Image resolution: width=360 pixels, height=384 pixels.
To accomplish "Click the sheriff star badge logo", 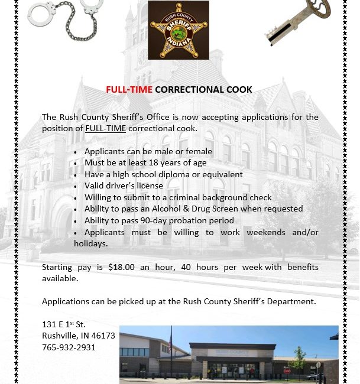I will click(x=179, y=30).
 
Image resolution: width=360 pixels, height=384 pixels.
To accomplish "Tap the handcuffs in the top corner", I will click(x=64, y=21).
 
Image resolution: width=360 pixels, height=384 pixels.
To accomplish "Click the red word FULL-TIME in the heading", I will click(x=129, y=90).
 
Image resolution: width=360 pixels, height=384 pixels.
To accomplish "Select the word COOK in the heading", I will click(x=239, y=90).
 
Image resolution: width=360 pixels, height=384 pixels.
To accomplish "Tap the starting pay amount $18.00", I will click(x=121, y=267).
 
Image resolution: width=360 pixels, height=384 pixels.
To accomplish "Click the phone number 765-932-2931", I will click(x=69, y=347).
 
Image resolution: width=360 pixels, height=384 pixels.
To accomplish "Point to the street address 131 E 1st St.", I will click(x=64, y=324).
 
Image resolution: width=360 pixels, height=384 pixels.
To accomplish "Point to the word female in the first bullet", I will click(x=199, y=152).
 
